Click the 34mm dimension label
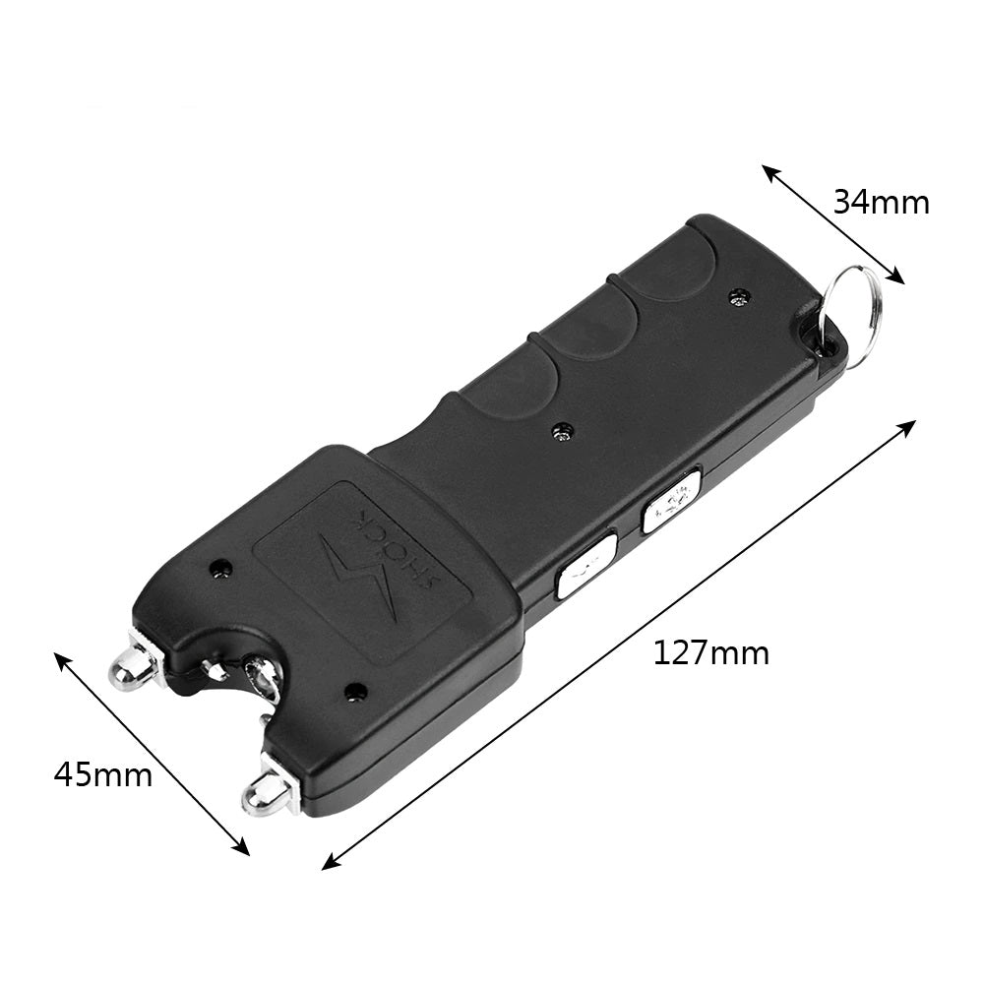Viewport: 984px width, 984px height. (x=881, y=203)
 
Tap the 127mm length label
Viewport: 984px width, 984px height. (x=711, y=652)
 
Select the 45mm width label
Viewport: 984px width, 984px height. (x=103, y=774)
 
